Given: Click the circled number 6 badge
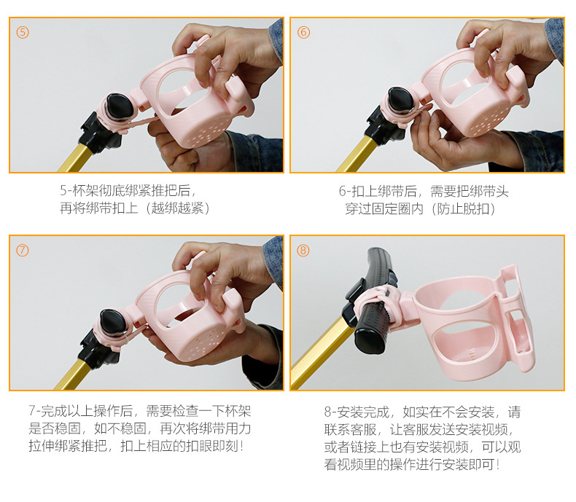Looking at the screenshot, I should [304, 33].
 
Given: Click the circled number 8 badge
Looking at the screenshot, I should [304, 250].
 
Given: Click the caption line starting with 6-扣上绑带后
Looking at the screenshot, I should [424, 191].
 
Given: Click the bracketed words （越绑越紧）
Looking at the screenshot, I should [178, 208].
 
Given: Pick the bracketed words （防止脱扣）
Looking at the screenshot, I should [463, 208].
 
